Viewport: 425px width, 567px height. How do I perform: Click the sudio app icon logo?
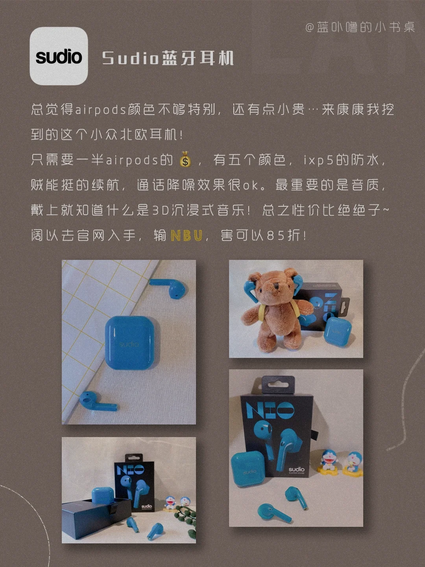click(59, 56)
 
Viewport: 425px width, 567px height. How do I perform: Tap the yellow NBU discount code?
click(186, 235)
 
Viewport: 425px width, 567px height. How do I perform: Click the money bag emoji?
click(185, 159)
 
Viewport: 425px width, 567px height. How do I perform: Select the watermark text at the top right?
click(360, 27)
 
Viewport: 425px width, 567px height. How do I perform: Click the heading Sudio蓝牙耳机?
click(168, 58)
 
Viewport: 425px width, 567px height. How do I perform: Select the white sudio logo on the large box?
click(296, 469)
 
